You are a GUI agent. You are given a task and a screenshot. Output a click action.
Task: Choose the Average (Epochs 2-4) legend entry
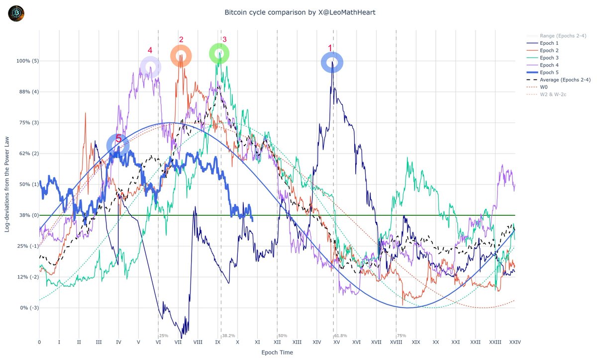click(x=562, y=80)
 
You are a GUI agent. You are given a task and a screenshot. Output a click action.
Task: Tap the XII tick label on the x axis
click(x=277, y=342)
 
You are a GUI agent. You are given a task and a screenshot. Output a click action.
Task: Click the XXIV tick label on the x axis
click(x=514, y=342)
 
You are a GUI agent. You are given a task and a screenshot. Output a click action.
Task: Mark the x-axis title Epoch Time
click(x=277, y=353)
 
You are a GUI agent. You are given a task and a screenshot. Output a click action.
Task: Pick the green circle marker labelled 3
click(x=219, y=53)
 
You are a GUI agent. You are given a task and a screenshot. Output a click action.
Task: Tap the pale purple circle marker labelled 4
click(x=150, y=67)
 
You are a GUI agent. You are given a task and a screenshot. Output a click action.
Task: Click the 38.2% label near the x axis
click(x=229, y=336)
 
